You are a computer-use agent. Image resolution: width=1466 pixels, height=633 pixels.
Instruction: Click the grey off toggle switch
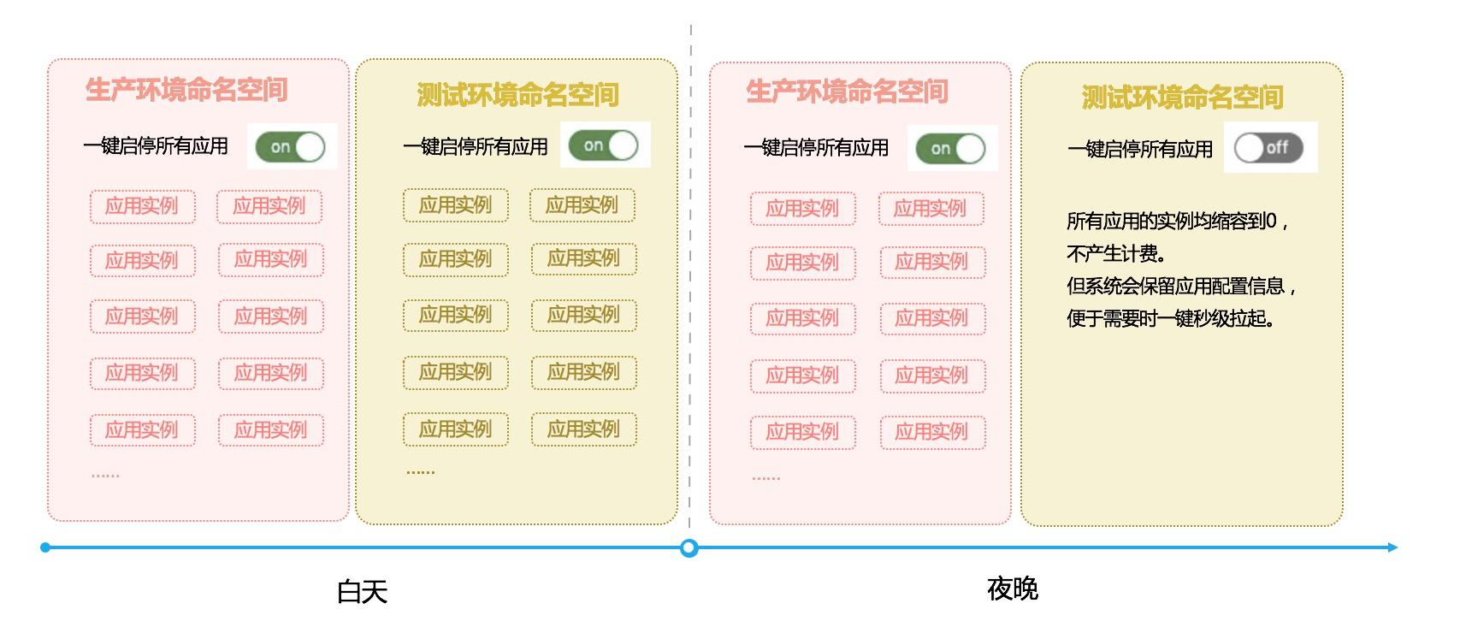[x=1268, y=148]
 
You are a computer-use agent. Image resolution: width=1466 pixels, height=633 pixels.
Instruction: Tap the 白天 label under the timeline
[x=362, y=591]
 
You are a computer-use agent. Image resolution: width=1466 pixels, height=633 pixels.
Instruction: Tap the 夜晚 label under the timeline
[x=1012, y=589]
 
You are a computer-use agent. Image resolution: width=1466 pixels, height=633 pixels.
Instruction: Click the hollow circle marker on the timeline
[x=689, y=548]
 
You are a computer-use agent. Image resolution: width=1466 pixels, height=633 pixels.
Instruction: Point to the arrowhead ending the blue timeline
[x=1392, y=547]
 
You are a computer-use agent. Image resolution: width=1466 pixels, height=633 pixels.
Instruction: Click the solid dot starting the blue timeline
[x=45, y=547]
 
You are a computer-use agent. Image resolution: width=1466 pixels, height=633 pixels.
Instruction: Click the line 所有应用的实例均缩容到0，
[x=1177, y=222]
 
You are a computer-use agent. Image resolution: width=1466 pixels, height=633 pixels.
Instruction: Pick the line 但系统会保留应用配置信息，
[x=1181, y=286]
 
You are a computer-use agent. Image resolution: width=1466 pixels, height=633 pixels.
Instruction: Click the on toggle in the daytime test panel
[x=604, y=145]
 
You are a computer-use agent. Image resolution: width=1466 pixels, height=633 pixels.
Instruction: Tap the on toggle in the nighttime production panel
[x=950, y=149]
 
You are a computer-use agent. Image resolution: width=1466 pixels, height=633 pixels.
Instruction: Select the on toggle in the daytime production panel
[x=291, y=147]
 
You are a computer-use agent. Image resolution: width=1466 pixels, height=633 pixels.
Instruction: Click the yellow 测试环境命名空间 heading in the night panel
[x=1182, y=98]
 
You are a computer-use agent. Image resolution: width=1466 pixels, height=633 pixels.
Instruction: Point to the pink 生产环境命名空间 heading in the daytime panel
[x=186, y=90]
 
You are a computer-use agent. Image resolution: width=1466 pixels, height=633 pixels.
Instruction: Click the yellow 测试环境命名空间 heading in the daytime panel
[x=517, y=95]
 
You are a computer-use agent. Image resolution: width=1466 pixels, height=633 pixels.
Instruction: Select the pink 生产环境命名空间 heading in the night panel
[x=847, y=92]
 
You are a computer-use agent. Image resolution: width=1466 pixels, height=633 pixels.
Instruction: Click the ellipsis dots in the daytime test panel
[x=420, y=471]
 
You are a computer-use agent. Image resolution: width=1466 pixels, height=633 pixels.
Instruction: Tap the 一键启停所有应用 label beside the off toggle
[x=1139, y=150]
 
